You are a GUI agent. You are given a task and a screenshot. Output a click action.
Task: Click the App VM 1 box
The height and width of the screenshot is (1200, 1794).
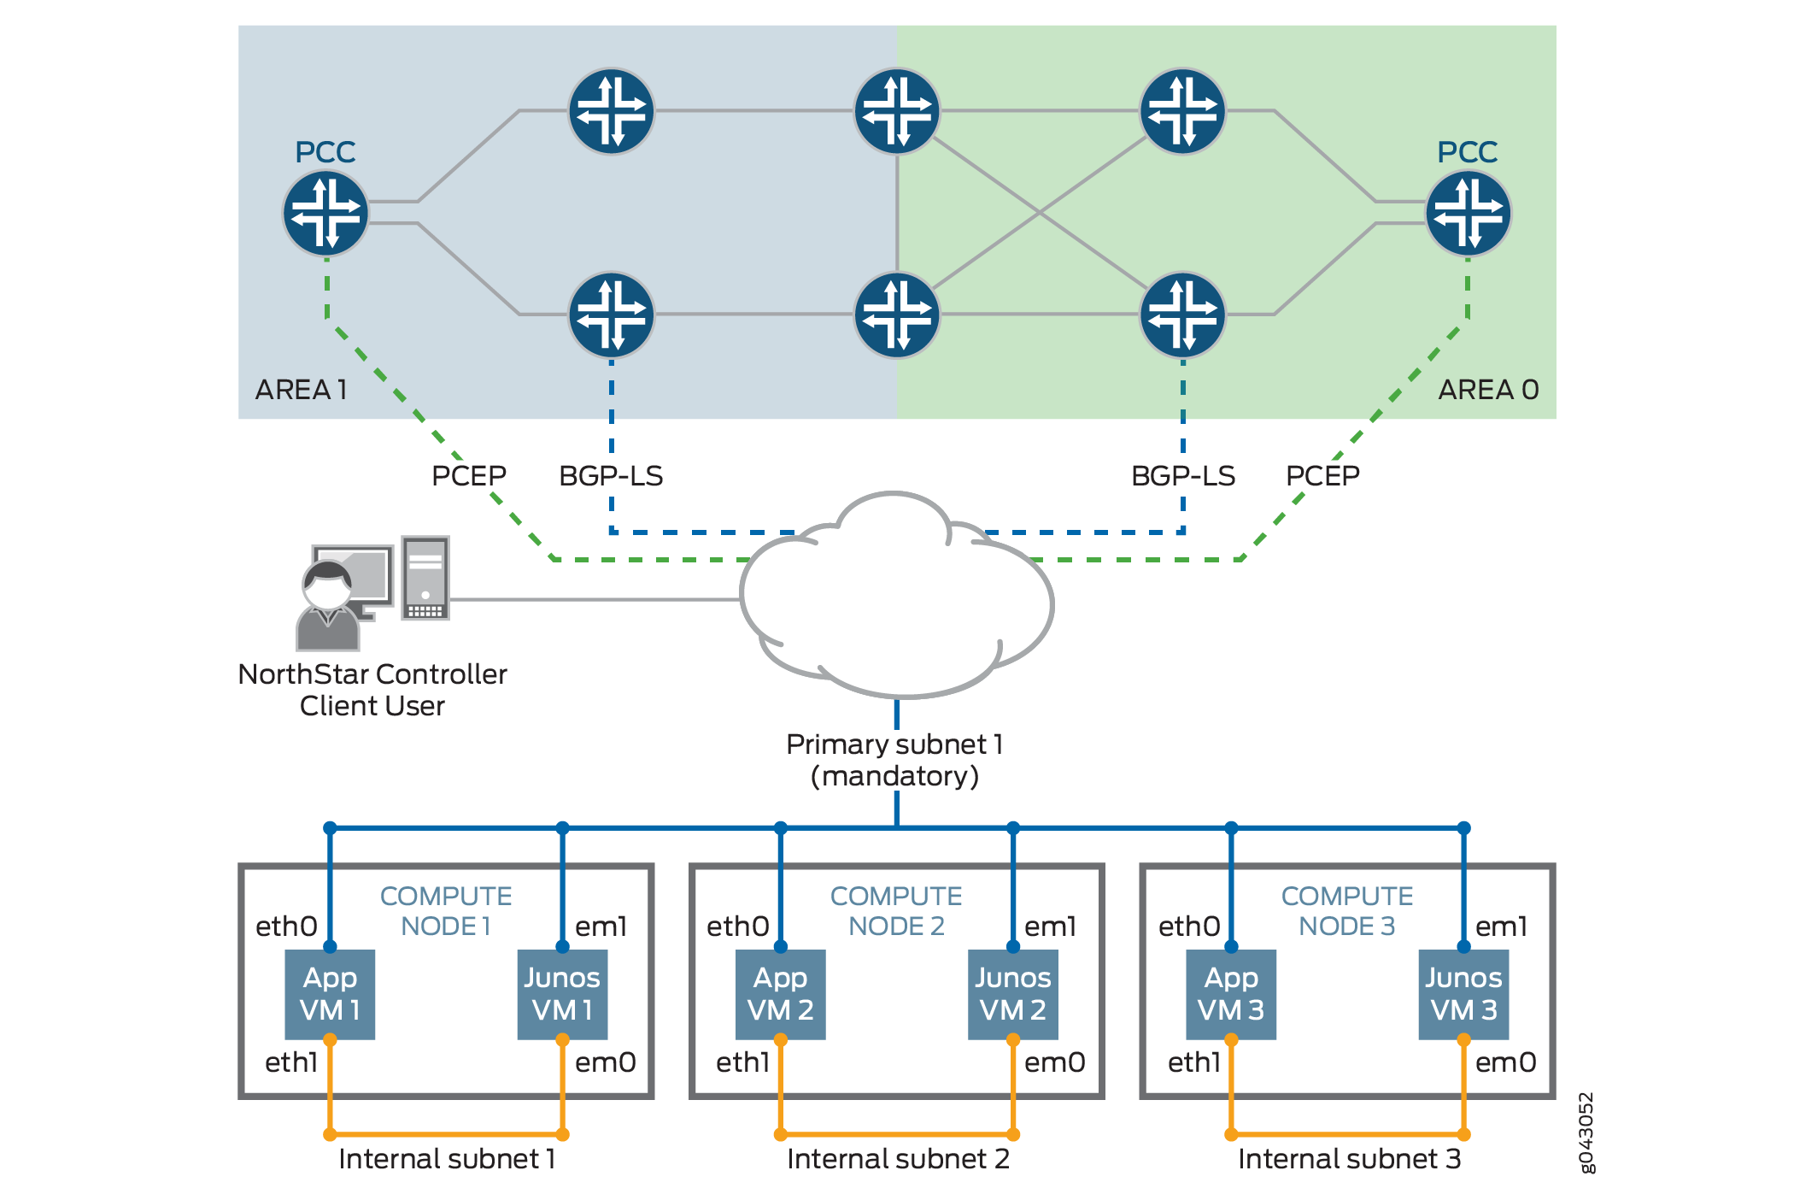(330, 994)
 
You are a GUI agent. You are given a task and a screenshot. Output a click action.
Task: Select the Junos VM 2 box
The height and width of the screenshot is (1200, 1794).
(1012, 994)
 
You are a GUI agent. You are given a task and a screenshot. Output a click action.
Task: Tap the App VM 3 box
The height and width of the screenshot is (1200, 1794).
(1231, 994)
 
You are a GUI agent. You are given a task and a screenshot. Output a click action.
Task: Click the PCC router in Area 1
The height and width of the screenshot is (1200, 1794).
(325, 214)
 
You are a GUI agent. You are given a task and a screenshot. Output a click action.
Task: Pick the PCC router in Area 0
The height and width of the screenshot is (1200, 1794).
(1468, 214)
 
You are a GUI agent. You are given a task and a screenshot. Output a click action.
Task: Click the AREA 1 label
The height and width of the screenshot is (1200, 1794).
(301, 390)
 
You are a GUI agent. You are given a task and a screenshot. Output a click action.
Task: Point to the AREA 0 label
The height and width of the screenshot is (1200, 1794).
(1488, 390)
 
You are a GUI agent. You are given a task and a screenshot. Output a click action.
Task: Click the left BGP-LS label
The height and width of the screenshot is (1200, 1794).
(611, 476)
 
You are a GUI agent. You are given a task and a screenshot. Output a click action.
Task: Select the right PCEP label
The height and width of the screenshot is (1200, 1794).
(1322, 475)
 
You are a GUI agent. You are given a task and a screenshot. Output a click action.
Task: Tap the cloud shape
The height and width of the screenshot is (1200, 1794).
(895, 598)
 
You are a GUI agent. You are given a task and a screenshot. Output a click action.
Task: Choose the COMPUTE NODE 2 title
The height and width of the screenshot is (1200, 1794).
(896, 911)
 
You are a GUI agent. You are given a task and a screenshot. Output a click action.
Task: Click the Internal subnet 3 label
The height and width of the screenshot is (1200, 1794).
(1349, 1159)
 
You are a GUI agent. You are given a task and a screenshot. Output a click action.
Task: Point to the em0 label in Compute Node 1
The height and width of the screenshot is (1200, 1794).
(605, 1062)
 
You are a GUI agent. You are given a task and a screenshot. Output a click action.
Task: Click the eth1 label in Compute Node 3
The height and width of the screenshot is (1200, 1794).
(1193, 1062)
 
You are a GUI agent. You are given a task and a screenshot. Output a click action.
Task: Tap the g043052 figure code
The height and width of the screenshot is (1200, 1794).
(1586, 1132)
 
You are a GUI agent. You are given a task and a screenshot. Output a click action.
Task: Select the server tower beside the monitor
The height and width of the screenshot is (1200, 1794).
(425, 578)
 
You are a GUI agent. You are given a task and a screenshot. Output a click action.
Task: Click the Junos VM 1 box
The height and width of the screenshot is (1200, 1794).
(562, 994)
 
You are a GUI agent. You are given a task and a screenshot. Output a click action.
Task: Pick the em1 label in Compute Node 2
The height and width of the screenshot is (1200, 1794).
(1050, 926)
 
